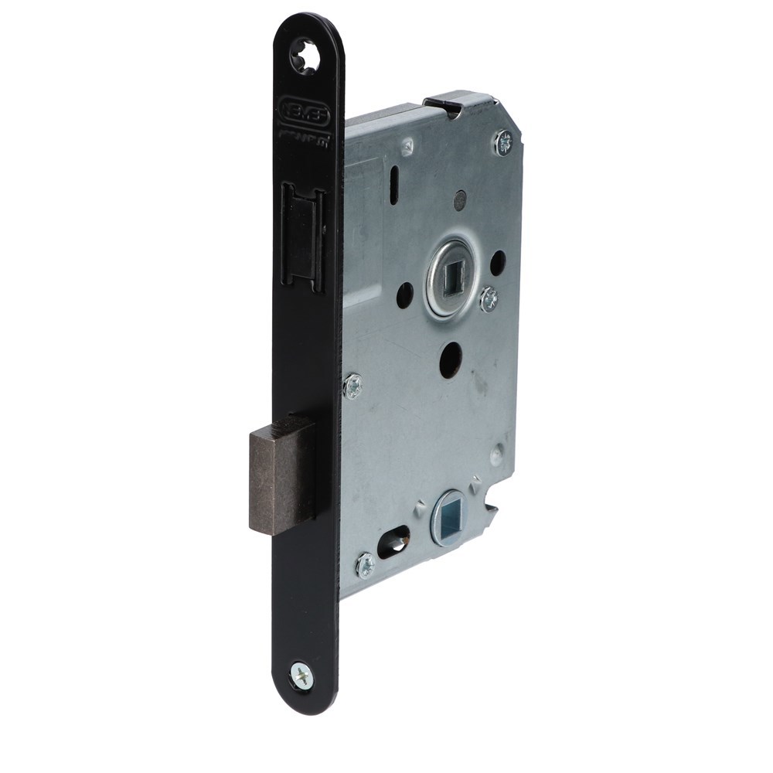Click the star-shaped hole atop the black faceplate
pyautogui.click(x=305, y=56)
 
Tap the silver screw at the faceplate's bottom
pyautogui.click(x=301, y=676)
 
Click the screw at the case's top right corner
pyautogui.click(x=503, y=142)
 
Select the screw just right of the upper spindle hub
pyautogui.click(x=488, y=299)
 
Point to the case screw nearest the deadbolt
pyautogui.click(x=352, y=385)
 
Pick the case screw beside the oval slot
pyautogui.click(x=365, y=565)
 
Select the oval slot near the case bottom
pyautogui.click(x=394, y=543)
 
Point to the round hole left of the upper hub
pyautogui.click(x=404, y=295)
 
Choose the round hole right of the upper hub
pyautogui.click(x=498, y=264)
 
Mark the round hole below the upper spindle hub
pyautogui.click(x=451, y=360)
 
